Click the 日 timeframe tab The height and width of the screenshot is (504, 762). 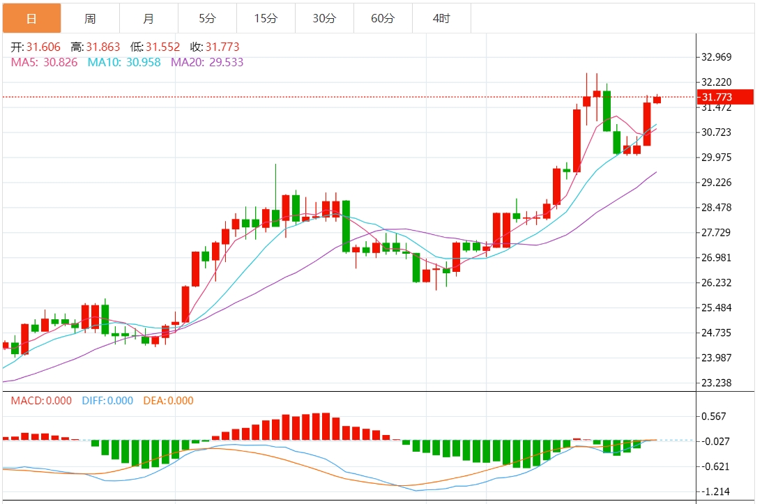pyautogui.click(x=31, y=19)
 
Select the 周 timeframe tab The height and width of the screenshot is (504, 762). pyautogui.click(x=90, y=19)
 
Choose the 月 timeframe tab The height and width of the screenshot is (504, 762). pyautogui.click(x=148, y=19)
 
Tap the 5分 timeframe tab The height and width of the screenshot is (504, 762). pyautogui.click(x=207, y=19)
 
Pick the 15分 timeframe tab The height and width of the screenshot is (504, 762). pyautogui.click(x=266, y=19)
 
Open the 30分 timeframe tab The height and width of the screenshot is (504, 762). pyautogui.click(x=324, y=19)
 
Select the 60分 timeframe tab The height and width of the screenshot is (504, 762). pyautogui.click(x=383, y=19)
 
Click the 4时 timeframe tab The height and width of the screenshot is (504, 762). pyautogui.click(x=441, y=19)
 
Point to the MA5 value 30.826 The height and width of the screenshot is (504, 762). pyautogui.click(x=59, y=62)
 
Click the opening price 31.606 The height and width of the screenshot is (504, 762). pyautogui.click(x=43, y=47)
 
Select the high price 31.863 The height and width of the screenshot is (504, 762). pyautogui.click(x=103, y=47)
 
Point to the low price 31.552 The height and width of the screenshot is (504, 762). pyautogui.click(x=162, y=47)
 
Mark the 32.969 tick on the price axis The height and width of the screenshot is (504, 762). pyautogui.click(x=717, y=57)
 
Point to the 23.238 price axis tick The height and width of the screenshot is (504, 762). pyautogui.click(x=717, y=383)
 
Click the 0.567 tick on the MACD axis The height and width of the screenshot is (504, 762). pyautogui.click(x=713, y=416)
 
